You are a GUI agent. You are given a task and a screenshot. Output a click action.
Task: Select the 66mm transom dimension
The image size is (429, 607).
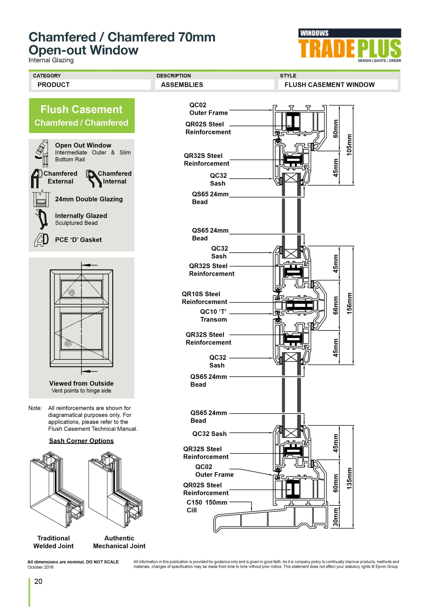click(335, 305)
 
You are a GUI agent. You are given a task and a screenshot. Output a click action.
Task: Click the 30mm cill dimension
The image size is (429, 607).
click(335, 517)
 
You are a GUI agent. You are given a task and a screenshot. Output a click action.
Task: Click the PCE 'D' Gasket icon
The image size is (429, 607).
click(41, 239)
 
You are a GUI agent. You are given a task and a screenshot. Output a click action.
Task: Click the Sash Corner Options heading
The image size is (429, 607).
click(81, 441)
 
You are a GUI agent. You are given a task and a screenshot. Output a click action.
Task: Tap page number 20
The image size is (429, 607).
click(38, 581)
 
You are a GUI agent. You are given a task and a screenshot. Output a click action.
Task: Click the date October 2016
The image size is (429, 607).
click(40, 567)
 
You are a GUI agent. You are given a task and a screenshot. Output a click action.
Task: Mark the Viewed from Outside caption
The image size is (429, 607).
click(81, 383)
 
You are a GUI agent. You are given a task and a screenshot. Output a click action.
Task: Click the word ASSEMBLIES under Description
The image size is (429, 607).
click(182, 85)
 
